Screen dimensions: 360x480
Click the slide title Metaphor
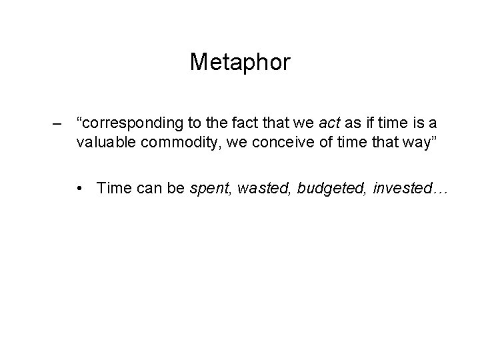click(240, 63)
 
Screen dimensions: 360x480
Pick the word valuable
click(102, 142)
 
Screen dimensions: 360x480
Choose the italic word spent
click(209, 189)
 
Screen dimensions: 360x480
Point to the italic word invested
click(407, 189)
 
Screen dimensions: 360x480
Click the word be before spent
click(176, 189)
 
